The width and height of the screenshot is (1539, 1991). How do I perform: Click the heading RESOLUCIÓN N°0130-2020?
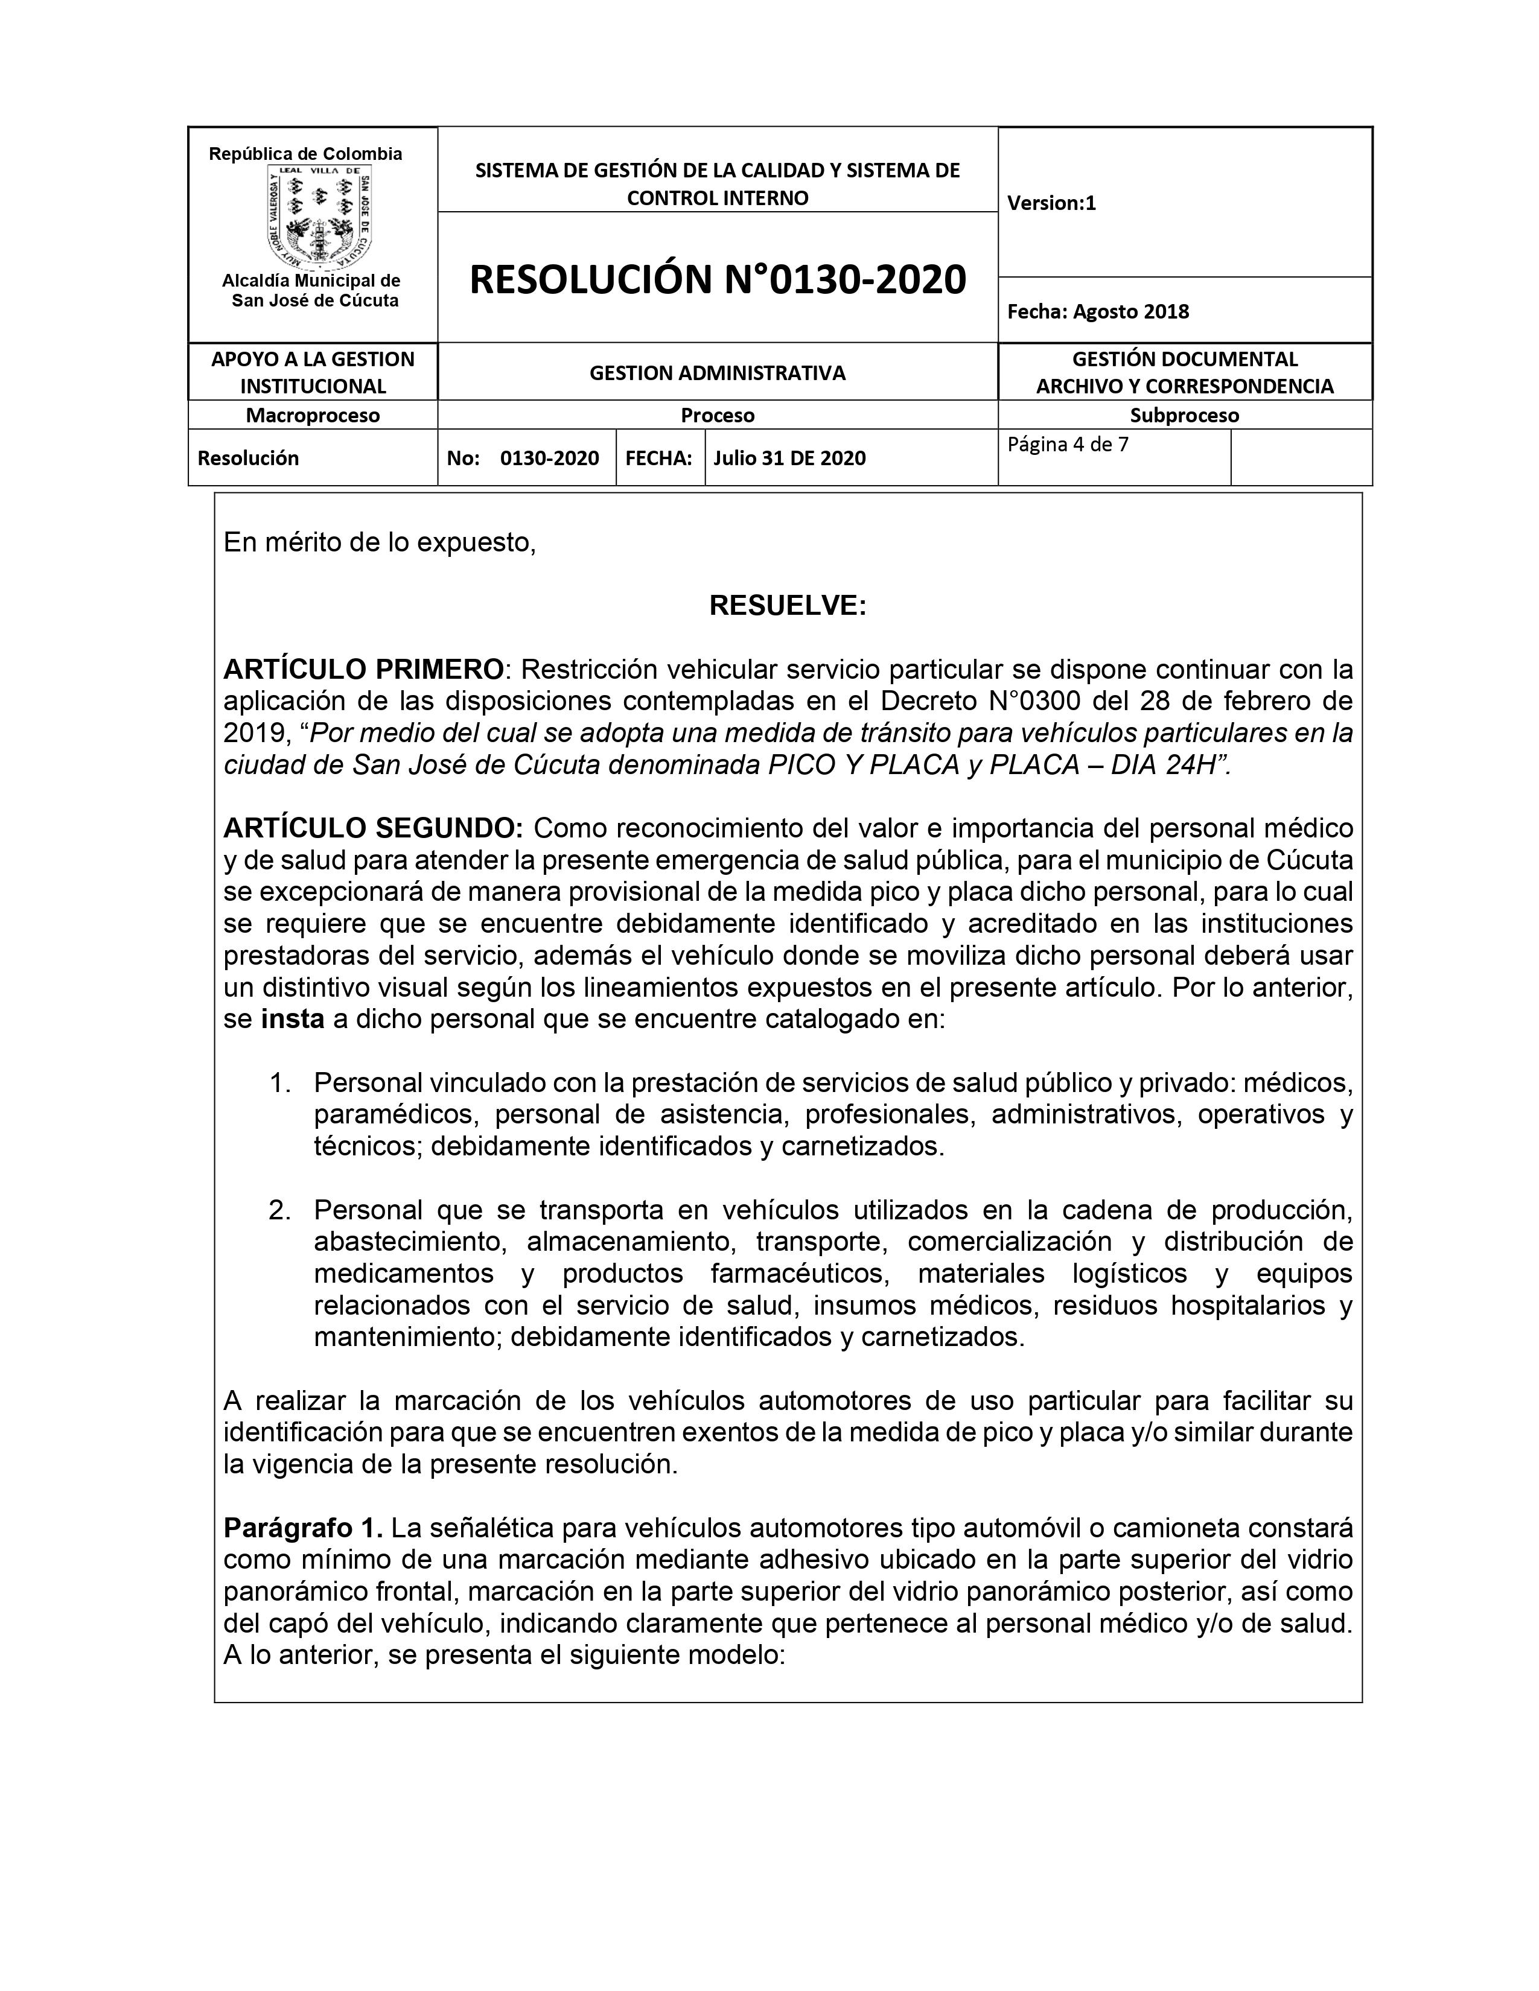click(x=718, y=279)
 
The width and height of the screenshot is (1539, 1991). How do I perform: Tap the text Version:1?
click(x=1051, y=202)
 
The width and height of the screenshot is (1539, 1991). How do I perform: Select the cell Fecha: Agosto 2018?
click(x=1098, y=311)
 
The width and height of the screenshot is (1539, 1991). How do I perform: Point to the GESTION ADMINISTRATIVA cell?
click(x=718, y=372)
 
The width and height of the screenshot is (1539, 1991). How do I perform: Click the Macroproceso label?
click(x=313, y=415)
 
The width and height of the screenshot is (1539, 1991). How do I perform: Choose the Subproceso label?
click(x=1184, y=415)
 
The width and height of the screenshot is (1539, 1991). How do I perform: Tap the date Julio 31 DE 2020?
click(x=789, y=458)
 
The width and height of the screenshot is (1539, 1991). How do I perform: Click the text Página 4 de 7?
click(x=1068, y=445)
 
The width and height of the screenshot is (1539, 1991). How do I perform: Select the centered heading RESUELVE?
click(x=788, y=605)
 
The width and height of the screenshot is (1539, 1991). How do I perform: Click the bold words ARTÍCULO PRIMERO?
click(x=363, y=669)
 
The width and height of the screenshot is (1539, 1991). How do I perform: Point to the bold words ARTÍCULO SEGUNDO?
click(x=373, y=828)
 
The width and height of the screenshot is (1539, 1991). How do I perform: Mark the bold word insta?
click(x=293, y=1018)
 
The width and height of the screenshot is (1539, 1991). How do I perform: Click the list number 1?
click(x=279, y=1083)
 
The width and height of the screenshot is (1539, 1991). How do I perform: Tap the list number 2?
click(x=279, y=1210)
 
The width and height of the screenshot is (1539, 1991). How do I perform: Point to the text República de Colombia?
click(x=305, y=154)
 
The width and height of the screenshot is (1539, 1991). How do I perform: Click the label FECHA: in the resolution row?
click(x=658, y=458)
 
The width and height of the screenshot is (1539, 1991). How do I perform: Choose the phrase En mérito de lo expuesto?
click(x=379, y=542)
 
